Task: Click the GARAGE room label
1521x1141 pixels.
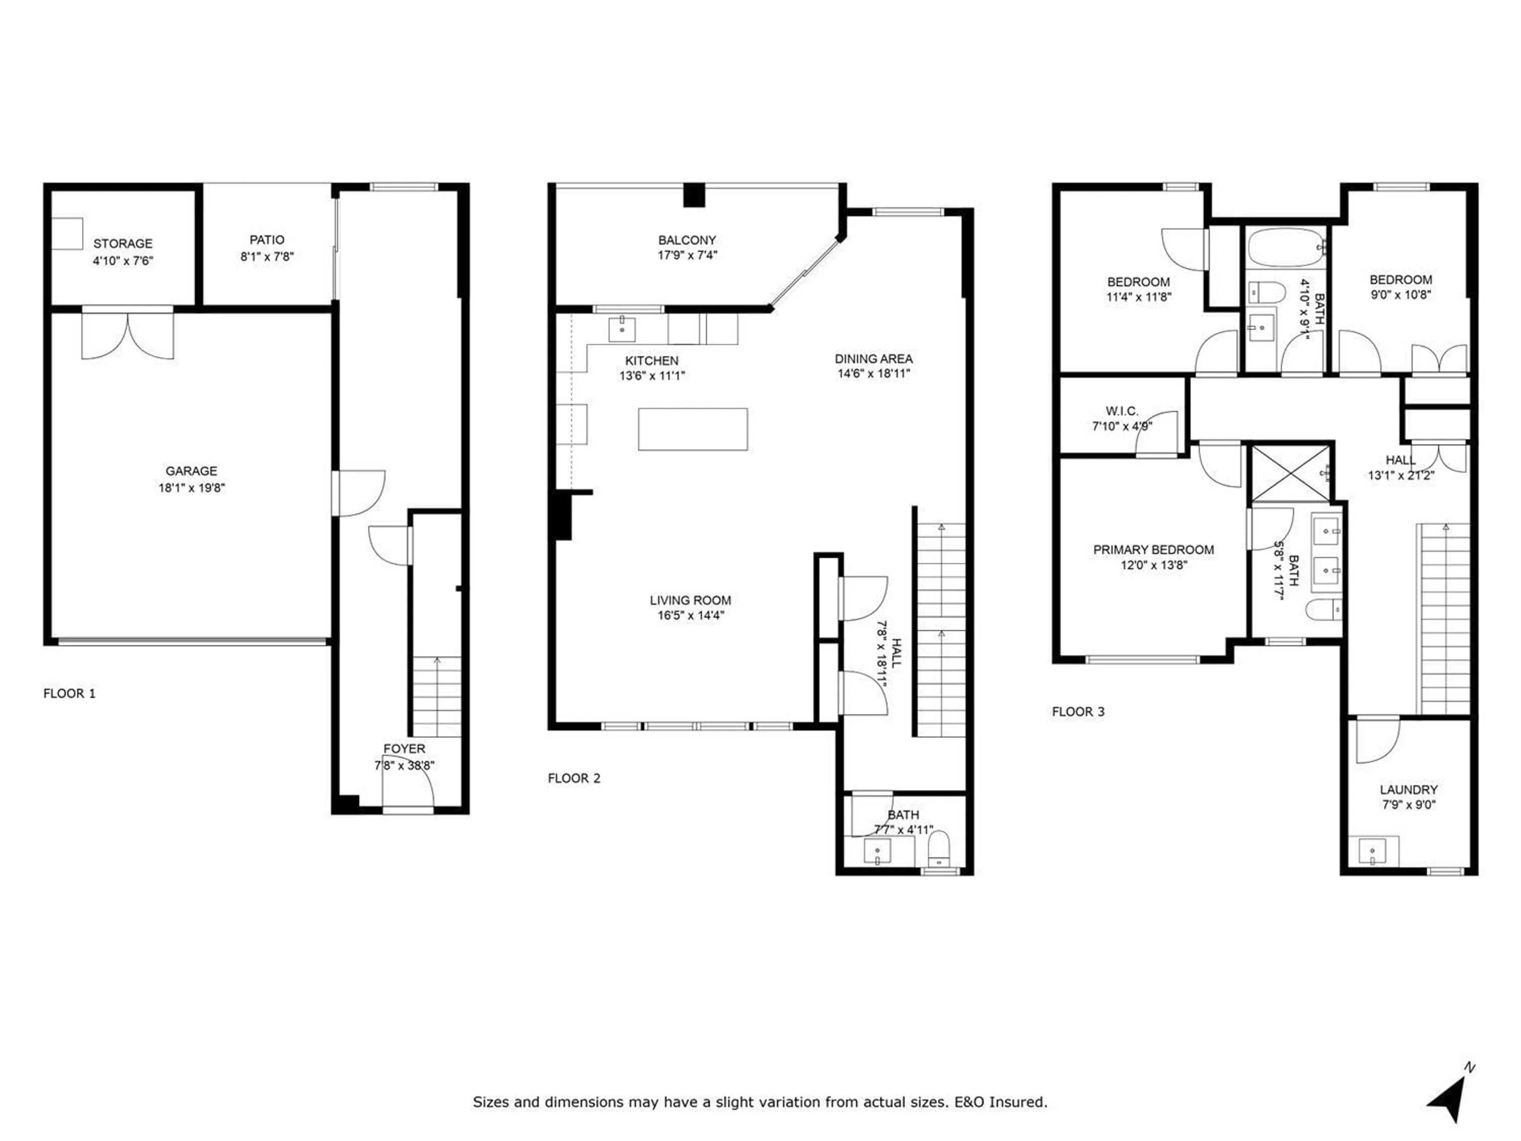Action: tap(191, 471)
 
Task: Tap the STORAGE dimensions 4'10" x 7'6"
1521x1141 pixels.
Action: tap(123, 261)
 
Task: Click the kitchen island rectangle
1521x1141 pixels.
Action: tap(692, 429)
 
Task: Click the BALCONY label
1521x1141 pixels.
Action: tap(687, 240)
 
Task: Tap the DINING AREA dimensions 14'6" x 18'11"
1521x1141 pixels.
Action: tap(873, 374)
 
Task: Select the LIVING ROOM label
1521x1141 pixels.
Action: tap(690, 601)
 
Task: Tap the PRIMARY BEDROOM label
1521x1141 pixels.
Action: tap(1153, 550)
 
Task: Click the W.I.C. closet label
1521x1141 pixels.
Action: tap(1121, 411)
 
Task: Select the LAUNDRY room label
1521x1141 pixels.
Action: tap(1408, 790)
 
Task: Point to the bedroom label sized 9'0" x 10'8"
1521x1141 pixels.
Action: tap(1401, 280)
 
